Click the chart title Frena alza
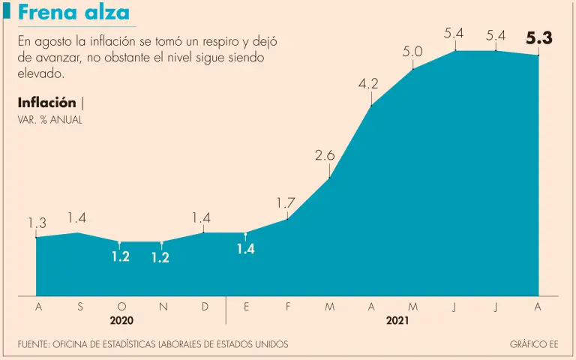73,13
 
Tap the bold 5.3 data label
538,38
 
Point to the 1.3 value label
37,223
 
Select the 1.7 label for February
286,202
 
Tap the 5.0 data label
412,52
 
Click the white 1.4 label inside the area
245,249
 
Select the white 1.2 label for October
121,256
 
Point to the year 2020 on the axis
121,320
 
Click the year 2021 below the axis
397,320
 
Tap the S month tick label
79,306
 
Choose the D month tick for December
205,306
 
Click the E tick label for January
246,306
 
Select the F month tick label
288,306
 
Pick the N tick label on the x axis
163,306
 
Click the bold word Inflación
46,103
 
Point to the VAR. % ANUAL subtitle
49,120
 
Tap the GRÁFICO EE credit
534,344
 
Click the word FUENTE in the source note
35,344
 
